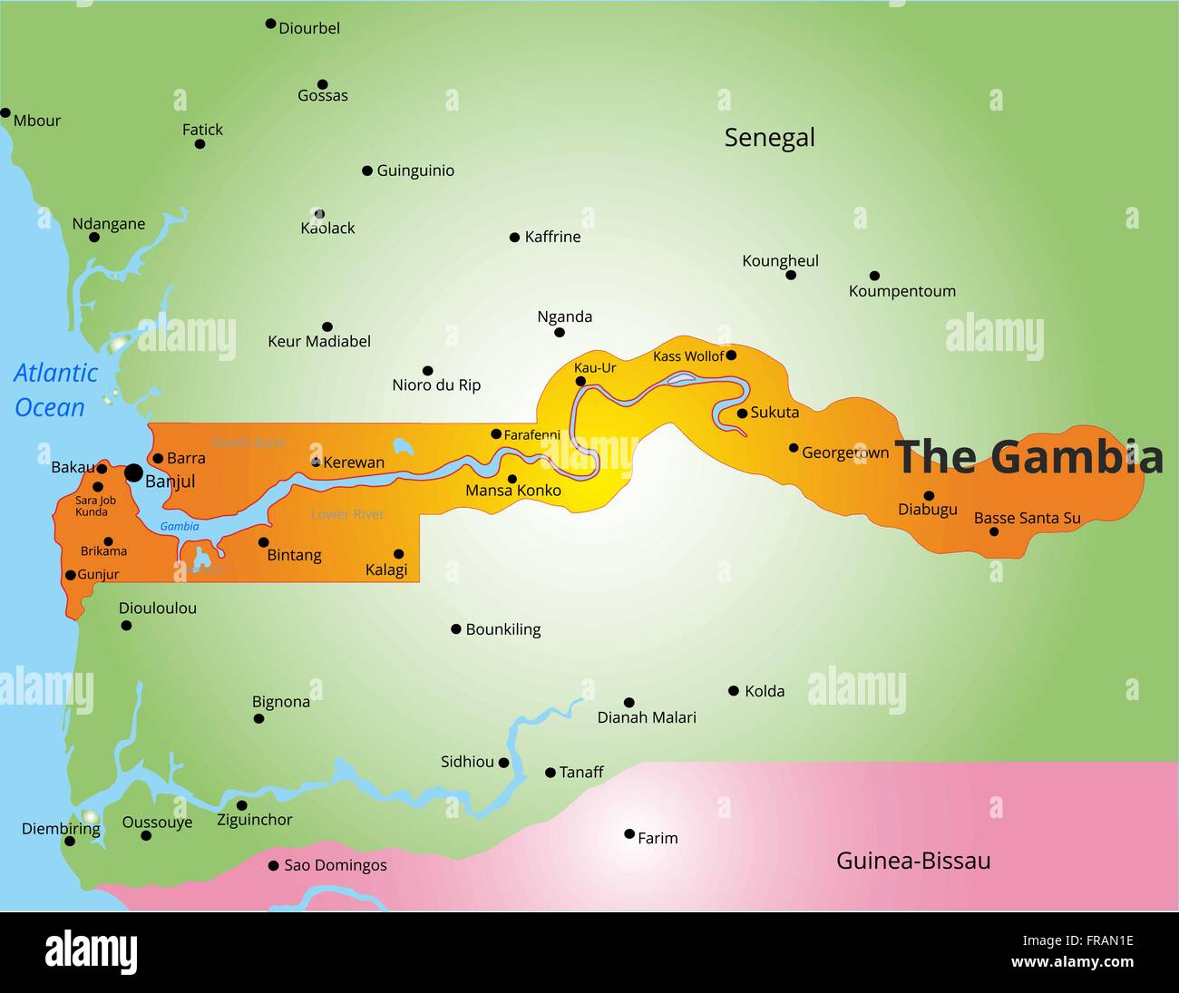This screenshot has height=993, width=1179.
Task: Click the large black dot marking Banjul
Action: click(133, 472)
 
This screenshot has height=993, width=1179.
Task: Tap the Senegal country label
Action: click(769, 138)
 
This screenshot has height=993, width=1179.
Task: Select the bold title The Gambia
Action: click(1028, 456)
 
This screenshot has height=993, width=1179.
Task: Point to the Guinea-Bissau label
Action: click(912, 861)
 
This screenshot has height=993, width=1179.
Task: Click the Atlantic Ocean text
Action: click(54, 390)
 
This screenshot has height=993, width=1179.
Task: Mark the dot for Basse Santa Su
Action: click(994, 531)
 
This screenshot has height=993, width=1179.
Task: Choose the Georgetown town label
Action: click(844, 453)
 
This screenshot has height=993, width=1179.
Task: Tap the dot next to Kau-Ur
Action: click(580, 381)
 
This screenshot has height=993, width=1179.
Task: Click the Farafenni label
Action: click(532, 435)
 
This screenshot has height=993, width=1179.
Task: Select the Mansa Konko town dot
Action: click(512, 479)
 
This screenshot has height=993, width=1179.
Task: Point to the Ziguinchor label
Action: click(254, 820)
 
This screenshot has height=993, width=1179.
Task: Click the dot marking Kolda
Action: click(734, 691)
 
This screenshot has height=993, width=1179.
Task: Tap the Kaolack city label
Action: click(327, 229)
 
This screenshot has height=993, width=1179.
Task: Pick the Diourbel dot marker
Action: click(270, 24)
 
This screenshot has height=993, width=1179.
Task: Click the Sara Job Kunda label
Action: click(94, 506)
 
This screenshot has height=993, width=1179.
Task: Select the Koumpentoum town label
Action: click(901, 291)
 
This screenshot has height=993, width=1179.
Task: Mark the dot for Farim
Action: click(629, 833)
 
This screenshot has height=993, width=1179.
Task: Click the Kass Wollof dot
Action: click(731, 355)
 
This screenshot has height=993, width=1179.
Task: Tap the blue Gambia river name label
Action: click(180, 526)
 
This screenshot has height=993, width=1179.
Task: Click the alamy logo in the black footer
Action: click(91, 952)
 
